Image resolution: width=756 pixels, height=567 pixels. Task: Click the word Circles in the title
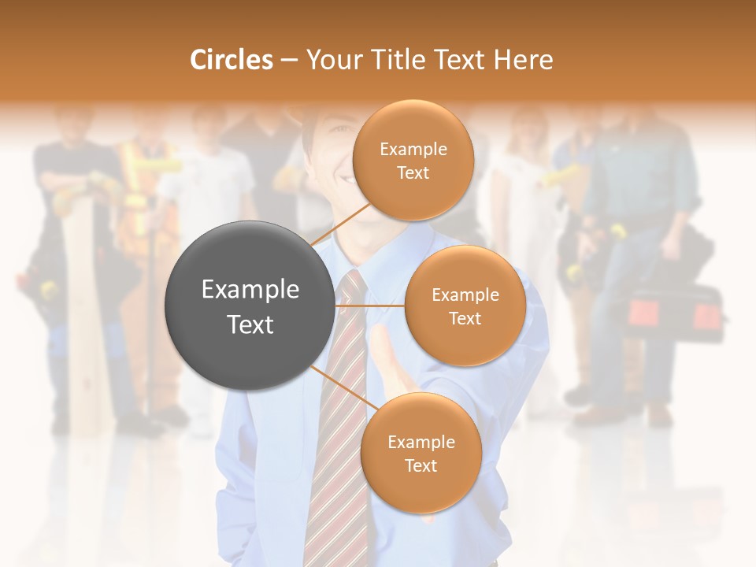[x=232, y=60]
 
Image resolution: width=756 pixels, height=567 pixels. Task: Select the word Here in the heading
[x=523, y=60]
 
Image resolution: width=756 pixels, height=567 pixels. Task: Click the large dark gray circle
[x=250, y=306]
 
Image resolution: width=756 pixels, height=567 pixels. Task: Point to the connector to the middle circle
[x=369, y=306]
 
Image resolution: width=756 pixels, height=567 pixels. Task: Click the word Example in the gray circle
[x=250, y=290]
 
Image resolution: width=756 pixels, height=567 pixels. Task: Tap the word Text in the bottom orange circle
[x=421, y=465]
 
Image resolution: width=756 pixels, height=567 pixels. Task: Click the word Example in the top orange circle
[x=413, y=149]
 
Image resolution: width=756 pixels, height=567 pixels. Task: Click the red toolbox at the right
[x=676, y=315]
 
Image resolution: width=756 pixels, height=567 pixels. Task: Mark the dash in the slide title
[x=289, y=61]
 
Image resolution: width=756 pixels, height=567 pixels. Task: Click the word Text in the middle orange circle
[x=465, y=318]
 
